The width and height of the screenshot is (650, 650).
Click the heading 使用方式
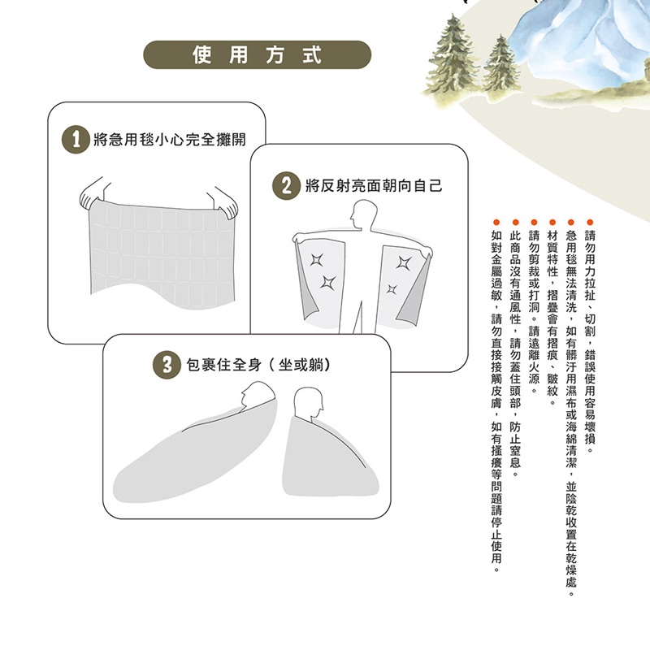pyautogui.click(x=257, y=54)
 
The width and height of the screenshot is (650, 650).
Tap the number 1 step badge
pyautogui.click(x=76, y=139)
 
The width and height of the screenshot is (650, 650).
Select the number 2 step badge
pyautogui.click(x=287, y=185)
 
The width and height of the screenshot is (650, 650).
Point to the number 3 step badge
pyautogui.click(x=167, y=365)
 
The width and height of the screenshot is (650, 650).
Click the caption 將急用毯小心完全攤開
pyautogui.click(x=170, y=140)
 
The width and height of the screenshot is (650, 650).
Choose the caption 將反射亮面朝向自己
pyautogui.click(x=374, y=186)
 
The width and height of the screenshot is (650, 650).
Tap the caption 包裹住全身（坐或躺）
pyautogui.click(x=258, y=365)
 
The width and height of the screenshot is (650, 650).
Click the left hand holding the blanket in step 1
pyautogui.click(x=94, y=195)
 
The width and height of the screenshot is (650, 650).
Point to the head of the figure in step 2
pyautogui.click(x=363, y=214)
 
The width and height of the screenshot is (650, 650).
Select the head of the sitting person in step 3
pyautogui.click(x=308, y=402)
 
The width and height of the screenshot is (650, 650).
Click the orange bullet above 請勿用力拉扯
pyautogui.click(x=590, y=223)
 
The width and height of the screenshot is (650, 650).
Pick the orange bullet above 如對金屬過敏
pyautogui.click(x=496, y=223)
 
